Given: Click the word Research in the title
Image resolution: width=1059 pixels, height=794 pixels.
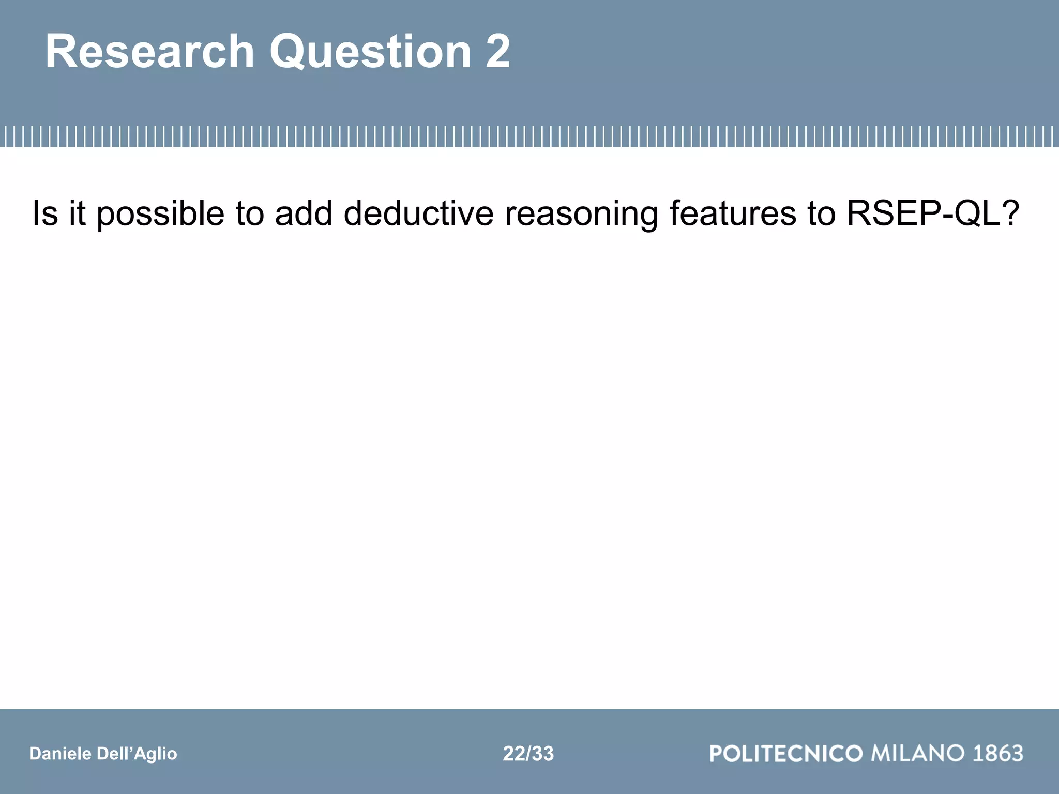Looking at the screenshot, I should (150, 52).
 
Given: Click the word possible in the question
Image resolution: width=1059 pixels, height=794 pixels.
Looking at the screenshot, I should (160, 213).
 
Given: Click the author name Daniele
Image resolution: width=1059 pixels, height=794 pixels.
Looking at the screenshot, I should (60, 754).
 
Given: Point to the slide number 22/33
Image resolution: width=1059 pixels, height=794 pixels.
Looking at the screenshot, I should (528, 754).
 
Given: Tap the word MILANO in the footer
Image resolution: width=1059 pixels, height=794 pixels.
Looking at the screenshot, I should (918, 753).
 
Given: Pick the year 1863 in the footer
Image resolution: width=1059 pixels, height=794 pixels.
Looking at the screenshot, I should (998, 753).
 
